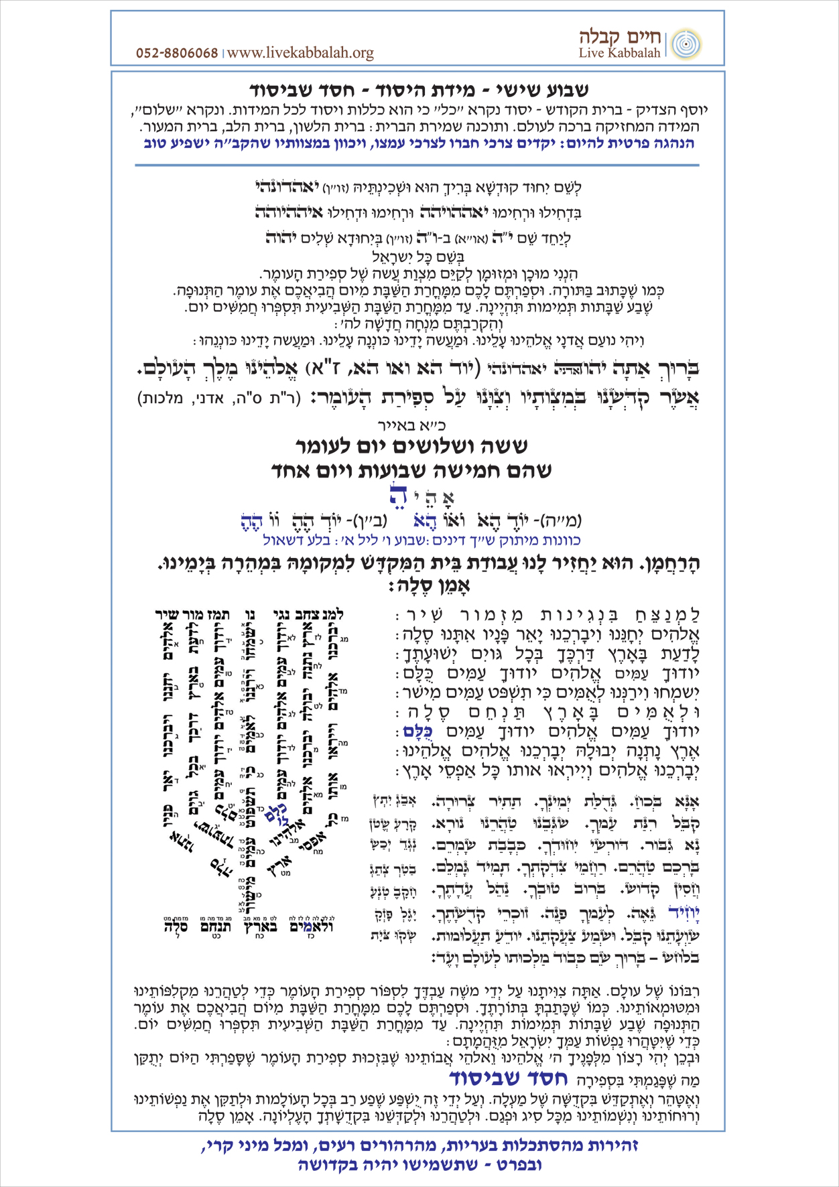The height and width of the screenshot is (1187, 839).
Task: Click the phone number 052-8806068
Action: [x=177, y=54]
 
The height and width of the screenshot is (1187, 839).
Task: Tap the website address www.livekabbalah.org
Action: [x=300, y=53]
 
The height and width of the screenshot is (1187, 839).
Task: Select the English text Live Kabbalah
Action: [x=620, y=54]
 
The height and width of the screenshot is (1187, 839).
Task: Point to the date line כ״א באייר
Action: [x=421, y=425]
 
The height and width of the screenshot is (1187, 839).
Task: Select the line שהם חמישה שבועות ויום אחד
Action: [x=411, y=471]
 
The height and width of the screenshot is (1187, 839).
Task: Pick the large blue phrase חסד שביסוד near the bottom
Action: [x=507, y=1078]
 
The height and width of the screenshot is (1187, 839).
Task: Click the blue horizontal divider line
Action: [x=417, y=165]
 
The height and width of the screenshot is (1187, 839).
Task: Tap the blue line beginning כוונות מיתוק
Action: [x=422, y=540]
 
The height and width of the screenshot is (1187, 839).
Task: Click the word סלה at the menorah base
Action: [x=176, y=928]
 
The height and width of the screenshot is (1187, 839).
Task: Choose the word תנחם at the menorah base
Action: [x=215, y=928]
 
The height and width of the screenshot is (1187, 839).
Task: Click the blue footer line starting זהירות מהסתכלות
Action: [x=419, y=1146]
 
